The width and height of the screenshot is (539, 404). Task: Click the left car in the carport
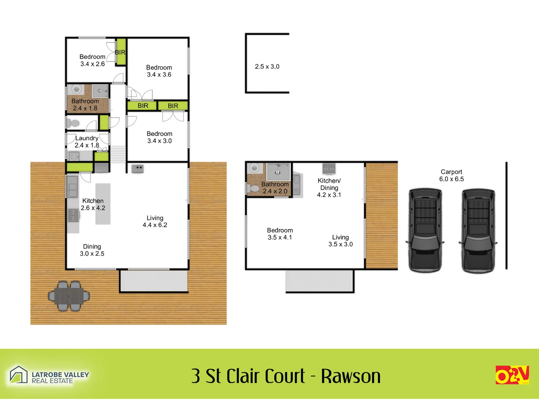(x=425, y=230)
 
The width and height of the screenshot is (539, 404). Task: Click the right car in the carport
(x=478, y=230)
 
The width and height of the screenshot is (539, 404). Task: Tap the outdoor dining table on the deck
(x=69, y=296)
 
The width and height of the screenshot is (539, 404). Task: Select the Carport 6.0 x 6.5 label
(x=451, y=175)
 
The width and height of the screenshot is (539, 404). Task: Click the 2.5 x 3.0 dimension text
(x=267, y=67)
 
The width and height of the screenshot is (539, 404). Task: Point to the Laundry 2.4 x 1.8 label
(x=87, y=142)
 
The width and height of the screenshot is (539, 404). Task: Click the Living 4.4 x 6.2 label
(x=155, y=221)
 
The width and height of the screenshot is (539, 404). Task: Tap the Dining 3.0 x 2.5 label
(x=92, y=250)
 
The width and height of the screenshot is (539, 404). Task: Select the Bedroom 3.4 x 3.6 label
(x=159, y=71)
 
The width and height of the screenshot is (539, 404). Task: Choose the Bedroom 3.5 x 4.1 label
(x=280, y=234)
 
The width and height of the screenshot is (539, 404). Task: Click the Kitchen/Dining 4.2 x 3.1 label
(x=329, y=188)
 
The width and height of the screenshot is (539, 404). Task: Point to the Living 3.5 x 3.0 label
(x=341, y=241)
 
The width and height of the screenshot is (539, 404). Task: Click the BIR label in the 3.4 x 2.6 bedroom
(x=120, y=52)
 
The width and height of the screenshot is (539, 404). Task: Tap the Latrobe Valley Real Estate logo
(x=49, y=376)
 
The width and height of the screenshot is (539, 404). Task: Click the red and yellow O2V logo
(x=512, y=375)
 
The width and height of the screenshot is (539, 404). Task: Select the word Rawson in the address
(x=351, y=376)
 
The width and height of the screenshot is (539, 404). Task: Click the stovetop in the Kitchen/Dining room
(x=329, y=169)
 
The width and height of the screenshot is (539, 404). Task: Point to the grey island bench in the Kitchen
(x=103, y=204)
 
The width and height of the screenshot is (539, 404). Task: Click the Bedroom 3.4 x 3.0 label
(x=159, y=137)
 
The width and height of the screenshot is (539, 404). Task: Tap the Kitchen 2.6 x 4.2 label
(x=93, y=204)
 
